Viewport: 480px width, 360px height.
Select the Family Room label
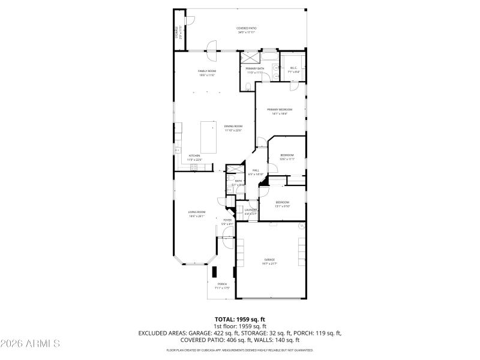207,72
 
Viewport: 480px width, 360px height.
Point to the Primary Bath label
255,70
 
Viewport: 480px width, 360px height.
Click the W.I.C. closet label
294,69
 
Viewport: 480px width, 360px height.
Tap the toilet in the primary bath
248,87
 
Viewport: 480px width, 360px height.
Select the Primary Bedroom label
280,110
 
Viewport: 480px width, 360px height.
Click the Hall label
256,172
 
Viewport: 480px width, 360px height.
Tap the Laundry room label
250,211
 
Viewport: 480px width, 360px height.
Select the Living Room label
197,213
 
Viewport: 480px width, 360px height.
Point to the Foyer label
227,221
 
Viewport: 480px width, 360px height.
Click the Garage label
269,260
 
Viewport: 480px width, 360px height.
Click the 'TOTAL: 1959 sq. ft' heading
240,319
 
